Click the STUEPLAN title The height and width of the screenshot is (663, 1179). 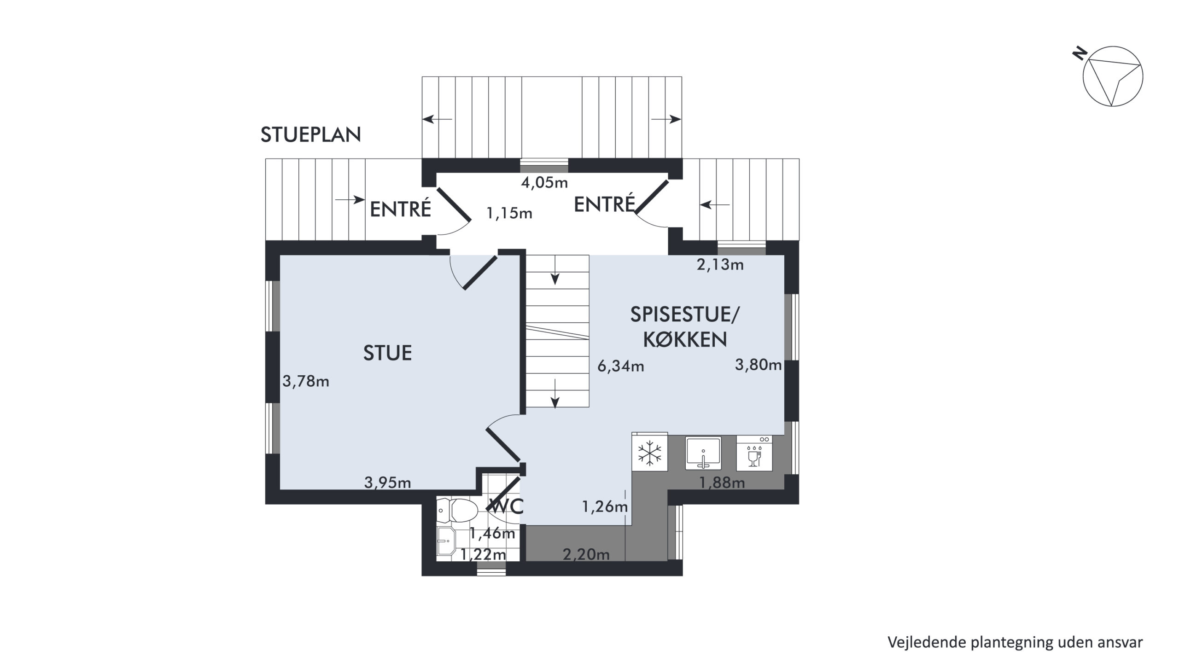(310, 135)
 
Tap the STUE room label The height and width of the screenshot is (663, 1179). (387, 353)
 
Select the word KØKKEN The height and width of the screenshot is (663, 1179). (685, 340)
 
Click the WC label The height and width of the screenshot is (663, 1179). (507, 506)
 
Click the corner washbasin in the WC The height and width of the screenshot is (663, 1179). (446, 541)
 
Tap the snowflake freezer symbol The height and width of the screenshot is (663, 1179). (650, 454)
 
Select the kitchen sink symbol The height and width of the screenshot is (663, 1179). (703, 454)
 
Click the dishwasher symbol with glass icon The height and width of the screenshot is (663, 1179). (754, 454)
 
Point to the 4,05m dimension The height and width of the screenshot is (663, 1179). (544, 183)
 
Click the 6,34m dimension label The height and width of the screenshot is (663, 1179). (621, 366)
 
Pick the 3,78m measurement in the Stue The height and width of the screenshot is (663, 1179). (306, 381)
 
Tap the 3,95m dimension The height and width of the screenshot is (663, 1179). (388, 483)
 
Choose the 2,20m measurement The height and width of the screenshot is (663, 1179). (586, 554)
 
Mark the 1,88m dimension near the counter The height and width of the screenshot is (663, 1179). (722, 483)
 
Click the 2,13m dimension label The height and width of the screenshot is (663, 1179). (720, 265)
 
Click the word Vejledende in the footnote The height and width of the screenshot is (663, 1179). (927, 642)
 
